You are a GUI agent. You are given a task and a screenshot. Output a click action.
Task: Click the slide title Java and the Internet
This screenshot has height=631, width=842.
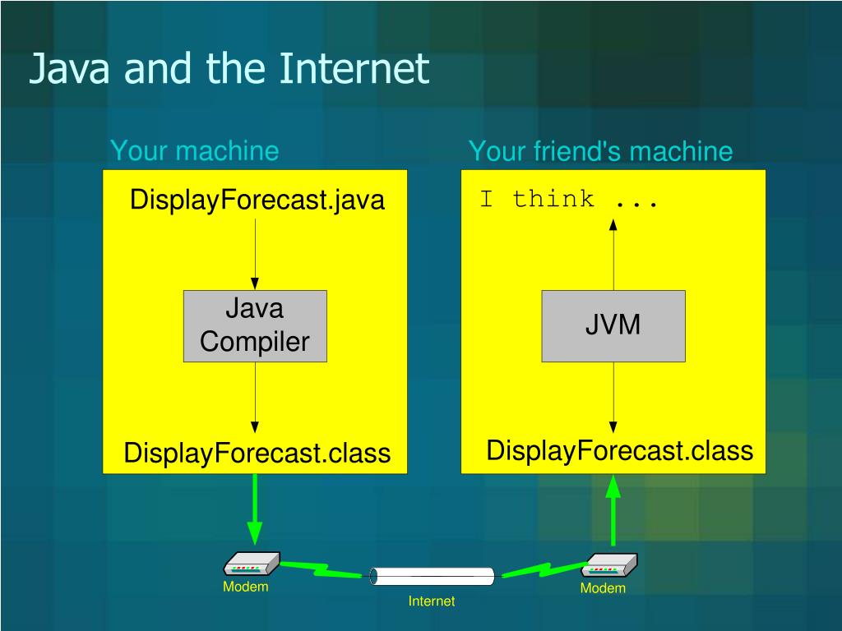click(229, 69)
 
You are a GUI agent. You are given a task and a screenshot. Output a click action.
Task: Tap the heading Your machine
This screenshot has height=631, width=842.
click(194, 151)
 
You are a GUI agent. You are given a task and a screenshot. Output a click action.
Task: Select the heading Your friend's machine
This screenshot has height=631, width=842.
click(600, 151)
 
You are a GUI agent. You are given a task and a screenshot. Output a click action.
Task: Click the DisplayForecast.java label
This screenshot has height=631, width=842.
click(257, 200)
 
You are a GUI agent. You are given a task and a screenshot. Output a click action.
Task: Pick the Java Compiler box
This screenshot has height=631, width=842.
click(255, 326)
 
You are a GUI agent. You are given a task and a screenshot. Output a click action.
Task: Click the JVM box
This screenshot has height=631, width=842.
click(613, 326)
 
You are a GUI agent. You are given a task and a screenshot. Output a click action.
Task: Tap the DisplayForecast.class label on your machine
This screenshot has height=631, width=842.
click(257, 453)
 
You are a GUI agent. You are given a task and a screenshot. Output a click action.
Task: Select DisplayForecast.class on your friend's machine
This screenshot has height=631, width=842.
click(620, 450)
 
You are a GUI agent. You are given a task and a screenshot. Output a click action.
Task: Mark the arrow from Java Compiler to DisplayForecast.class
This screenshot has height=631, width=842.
click(255, 398)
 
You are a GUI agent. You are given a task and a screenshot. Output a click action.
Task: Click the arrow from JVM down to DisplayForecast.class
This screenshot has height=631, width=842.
click(613, 398)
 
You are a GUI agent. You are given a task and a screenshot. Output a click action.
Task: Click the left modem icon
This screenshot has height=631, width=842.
click(252, 564)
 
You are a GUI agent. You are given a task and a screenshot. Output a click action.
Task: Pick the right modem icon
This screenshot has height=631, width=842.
click(610, 566)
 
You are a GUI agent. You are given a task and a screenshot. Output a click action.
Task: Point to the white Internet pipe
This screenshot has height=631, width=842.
click(433, 576)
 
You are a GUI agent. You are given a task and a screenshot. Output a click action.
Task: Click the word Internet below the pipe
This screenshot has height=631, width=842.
click(432, 601)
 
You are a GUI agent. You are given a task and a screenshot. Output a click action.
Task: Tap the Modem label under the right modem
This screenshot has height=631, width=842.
click(603, 588)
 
